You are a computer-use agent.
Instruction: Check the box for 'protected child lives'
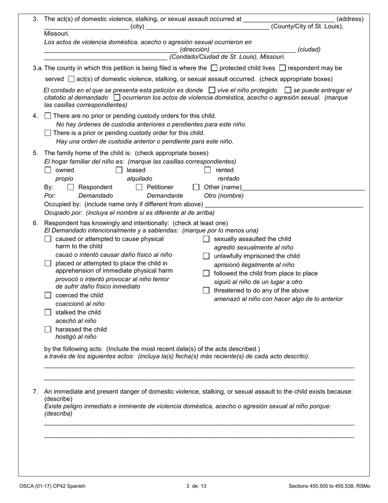coord(214,68)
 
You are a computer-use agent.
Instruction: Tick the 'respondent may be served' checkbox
coord(282,68)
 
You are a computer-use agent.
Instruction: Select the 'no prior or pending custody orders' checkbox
coord(48,116)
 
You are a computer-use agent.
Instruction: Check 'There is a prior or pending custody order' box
coord(48,133)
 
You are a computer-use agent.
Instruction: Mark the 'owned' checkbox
coord(48,170)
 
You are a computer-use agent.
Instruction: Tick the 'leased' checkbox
coord(119,170)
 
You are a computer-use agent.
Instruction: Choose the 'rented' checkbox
coord(207,170)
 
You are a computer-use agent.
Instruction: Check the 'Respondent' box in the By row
coord(70,187)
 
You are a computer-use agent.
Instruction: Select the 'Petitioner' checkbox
coord(139,187)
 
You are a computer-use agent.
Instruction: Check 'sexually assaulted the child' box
coord(206,239)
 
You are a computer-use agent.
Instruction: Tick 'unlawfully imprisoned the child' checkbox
coord(206,256)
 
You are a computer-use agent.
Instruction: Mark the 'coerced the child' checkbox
coord(48,295)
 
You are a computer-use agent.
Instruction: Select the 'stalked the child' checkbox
coord(48,312)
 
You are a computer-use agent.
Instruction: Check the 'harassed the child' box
coord(48,330)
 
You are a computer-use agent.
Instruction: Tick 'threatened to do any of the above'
coord(206,291)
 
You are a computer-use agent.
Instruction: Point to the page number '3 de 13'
coord(196,486)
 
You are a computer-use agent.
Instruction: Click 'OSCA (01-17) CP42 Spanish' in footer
coord(52,486)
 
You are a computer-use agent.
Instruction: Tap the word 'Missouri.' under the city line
coord(56,34)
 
